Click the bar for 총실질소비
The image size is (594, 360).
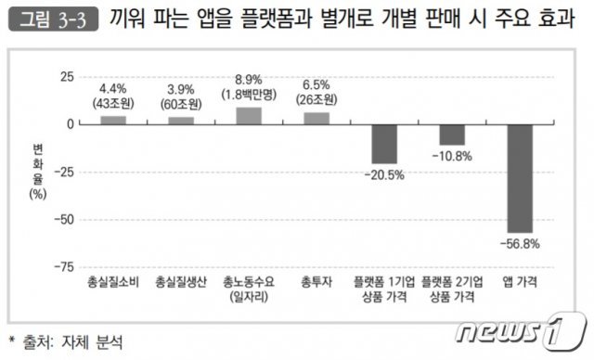[x=113, y=120]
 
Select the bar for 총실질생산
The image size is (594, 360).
[x=181, y=121]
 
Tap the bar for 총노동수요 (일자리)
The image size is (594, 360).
[x=249, y=116]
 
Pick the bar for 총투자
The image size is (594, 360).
[x=316, y=118]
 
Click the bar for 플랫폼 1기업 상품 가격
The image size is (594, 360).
[x=384, y=144]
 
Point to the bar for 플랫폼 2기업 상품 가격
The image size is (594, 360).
[x=452, y=135]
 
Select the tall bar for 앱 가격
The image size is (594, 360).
[x=520, y=178]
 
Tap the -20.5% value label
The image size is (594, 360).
[x=384, y=174]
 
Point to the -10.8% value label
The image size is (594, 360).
[x=452, y=156]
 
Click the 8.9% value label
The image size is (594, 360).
[x=249, y=82]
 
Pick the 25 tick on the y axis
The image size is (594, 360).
[x=65, y=76]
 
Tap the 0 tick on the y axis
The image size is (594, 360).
[x=69, y=124]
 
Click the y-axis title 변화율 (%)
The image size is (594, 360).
[x=36, y=172]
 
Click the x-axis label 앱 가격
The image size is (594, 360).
[x=520, y=281]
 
